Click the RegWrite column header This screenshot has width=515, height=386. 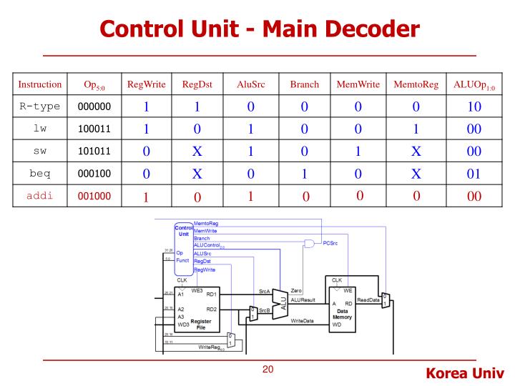pos(146,84)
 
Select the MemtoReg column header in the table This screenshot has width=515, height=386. pos(416,84)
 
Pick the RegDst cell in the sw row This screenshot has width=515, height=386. pos(198,152)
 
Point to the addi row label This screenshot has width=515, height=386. pos(39,196)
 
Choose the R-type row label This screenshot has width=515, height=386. pos(39,107)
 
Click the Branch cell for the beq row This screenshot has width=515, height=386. pos(304,174)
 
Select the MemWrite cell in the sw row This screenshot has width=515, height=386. pos(358,152)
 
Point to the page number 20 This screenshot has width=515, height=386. pos(268,370)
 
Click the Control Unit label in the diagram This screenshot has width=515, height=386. pos(184,232)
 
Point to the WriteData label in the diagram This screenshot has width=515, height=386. pos(303,321)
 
